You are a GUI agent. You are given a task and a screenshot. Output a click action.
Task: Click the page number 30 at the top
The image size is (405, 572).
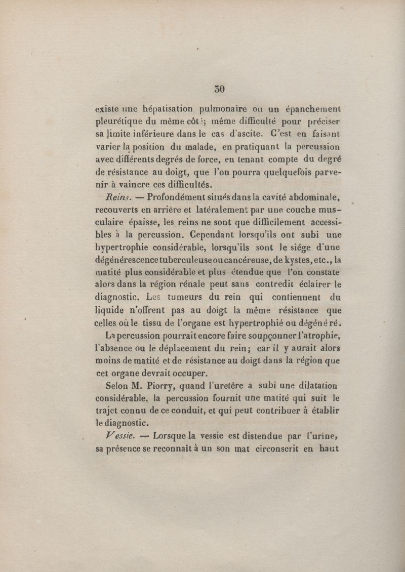[219, 89]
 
